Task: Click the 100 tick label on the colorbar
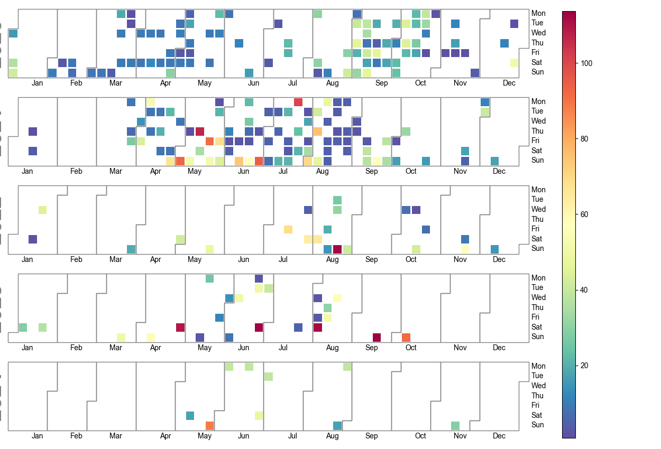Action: click(586, 63)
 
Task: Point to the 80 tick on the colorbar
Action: click(585, 139)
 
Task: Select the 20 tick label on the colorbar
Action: click(585, 366)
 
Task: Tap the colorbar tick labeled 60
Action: click(585, 214)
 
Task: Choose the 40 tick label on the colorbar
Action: click(585, 290)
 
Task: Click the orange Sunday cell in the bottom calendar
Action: click(209, 425)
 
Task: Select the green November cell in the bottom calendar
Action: click(455, 425)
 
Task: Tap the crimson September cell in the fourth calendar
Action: click(377, 337)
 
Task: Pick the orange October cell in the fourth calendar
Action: click(406, 337)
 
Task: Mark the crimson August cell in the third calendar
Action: click(337, 249)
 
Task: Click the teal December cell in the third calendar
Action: click(494, 249)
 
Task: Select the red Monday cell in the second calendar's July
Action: click(298, 102)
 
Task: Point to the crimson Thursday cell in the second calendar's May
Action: click(200, 131)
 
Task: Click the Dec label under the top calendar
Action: click(509, 83)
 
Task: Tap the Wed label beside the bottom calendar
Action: click(538, 386)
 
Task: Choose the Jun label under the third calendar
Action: click(244, 259)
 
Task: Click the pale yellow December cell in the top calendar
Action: click(515, 63)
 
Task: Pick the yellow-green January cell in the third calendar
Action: click(43, 210)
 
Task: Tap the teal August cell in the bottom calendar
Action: click(337, 425)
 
